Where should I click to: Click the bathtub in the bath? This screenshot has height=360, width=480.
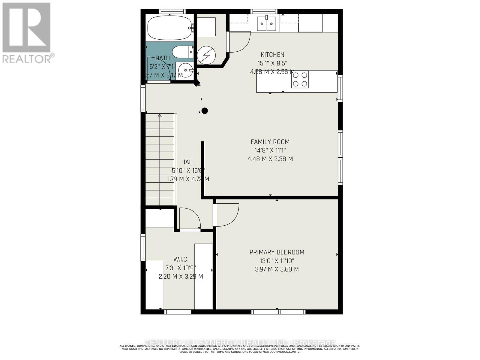(169, 28)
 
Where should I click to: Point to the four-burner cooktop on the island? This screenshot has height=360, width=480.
(300, 79)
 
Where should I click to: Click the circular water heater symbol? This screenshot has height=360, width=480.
(206, 55)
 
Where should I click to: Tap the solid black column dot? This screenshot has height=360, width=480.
(205, 111)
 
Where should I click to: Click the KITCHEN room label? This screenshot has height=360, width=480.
(272, 55)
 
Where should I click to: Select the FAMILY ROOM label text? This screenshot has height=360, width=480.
(270, 142)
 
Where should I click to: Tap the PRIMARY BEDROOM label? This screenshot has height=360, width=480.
(277, 252)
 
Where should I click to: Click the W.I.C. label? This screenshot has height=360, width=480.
(181, 259)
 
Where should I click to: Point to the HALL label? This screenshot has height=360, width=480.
(188, 162)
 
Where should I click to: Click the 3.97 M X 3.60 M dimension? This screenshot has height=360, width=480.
(277, 269)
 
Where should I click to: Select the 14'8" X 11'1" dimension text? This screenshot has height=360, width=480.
(270, 150)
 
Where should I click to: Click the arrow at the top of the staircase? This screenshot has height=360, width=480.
(160, 115)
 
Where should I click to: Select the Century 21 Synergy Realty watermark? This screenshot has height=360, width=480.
(240, 342)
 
